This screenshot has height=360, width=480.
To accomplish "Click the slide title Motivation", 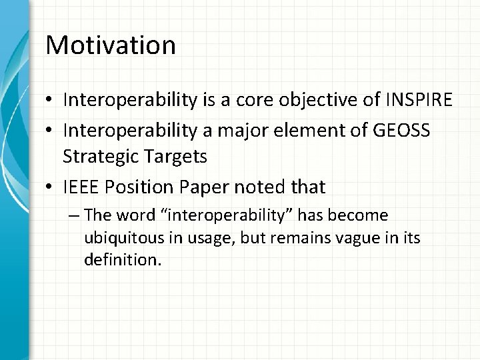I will pyautogui.click(x=111, y=45).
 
